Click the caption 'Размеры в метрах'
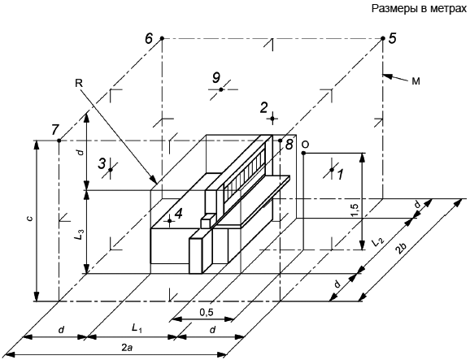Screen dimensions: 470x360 419,9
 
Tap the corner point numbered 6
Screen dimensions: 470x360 162,38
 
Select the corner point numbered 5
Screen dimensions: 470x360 383,38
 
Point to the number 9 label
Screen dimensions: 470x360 216,78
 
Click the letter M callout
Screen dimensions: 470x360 416,81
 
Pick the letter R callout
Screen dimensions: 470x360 79,83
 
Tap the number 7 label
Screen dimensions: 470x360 54,130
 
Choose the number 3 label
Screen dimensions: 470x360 102,163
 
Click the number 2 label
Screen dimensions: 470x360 263,108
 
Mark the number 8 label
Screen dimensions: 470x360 289,145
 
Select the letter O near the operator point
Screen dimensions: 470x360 305,145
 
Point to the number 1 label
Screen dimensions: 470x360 340,175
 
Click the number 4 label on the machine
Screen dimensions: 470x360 179,214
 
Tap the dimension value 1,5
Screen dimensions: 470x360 355,210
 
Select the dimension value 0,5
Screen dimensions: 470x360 207,312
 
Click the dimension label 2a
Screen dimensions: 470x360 126,348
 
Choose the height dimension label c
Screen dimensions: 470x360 29,219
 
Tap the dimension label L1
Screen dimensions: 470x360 137,328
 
